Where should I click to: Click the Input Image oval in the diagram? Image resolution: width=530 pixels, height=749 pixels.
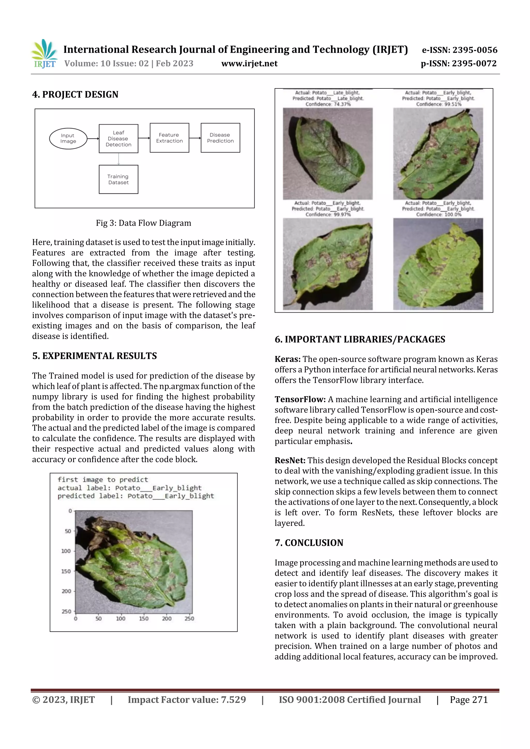coord(68,138)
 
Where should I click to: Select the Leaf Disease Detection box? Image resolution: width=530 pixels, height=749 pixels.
coord(118,138)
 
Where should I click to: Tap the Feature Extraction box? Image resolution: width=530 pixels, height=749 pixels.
coord(169,138)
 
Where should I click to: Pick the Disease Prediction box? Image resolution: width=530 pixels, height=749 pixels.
coord(220,138)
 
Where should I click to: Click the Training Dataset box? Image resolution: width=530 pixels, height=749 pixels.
coord(118,179)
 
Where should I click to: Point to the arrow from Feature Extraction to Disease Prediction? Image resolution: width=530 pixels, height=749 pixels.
coord(195,138)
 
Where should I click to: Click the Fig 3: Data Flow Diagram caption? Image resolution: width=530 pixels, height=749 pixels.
coord(143,223)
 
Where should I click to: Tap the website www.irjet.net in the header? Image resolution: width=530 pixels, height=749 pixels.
coord(249,63)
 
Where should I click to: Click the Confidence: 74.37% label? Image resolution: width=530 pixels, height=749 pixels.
coord(328,104)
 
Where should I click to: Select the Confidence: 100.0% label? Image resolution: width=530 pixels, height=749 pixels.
coord(439,214)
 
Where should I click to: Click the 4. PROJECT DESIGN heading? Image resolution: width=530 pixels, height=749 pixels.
coord(75,94)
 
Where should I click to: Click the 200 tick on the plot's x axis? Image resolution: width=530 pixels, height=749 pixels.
coord(167,618)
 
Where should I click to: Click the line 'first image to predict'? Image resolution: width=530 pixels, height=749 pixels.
coord(102,480)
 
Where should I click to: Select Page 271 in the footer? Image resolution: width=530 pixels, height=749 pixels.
coord(468,699)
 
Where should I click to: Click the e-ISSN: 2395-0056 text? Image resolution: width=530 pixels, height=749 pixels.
coord(459,50)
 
